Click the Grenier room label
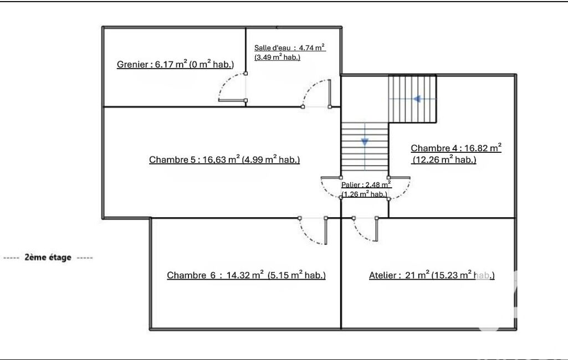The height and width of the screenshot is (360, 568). click(x=175, y=64)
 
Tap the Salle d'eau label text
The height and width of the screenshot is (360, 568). click(x=289, y=53)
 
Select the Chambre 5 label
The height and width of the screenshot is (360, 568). click(x=224, y=160)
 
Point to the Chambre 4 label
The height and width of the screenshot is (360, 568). click(x=456, y=153)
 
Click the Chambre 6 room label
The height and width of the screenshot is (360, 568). click(x=246, y=275)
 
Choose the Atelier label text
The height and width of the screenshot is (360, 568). click(x=432, y=275)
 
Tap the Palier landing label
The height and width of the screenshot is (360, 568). click(x=366, y=189)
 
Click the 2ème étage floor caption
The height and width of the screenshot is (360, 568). click(x=48, y=258)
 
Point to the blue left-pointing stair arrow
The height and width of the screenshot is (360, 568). click(x=417, y=99)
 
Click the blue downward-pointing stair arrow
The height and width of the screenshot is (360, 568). click(x=365, y=142)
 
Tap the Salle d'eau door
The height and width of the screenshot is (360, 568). click(x=316, y=94)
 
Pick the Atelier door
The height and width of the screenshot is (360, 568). click(x=365, y=229)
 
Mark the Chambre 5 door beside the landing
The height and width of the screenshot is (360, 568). click(x=331, y=188)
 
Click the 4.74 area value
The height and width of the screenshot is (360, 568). click(x=305, y=48)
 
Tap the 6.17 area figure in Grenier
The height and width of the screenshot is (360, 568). click(x=164, y=64)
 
